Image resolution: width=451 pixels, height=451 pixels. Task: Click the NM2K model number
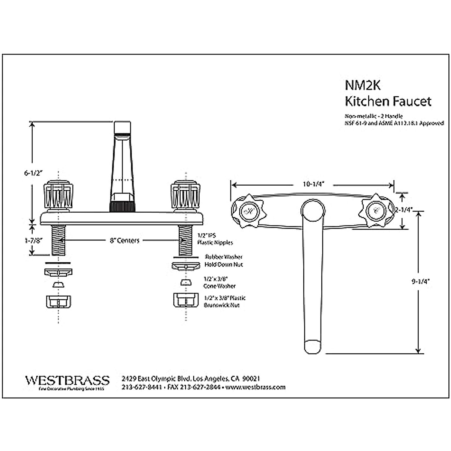pos(363,85)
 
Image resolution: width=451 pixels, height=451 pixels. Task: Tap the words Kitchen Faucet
pos(388,101)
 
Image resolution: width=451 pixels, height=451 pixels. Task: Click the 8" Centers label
pos(124,241)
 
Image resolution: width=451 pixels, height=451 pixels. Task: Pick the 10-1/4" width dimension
pos(313,184)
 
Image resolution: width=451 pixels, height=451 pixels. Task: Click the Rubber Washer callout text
pos(224,257)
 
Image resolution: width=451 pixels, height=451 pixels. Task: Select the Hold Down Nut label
pos(224,265)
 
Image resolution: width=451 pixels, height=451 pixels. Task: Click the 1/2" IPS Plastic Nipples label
pos(215,239)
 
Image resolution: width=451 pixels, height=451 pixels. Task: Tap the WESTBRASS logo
pos(68,380)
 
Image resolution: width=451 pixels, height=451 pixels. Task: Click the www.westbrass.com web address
pos(256,387)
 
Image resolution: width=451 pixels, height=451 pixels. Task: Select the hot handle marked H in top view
pos(247,211)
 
